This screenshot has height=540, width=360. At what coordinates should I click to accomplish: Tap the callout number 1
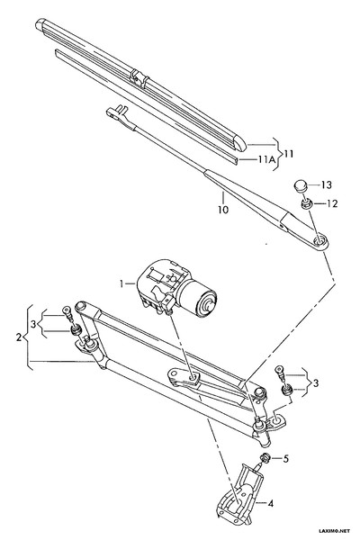121,283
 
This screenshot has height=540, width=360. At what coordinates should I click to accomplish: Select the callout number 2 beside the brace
19,337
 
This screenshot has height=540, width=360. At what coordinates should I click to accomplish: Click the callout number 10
223,210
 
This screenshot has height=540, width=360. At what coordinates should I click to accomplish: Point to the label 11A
266,159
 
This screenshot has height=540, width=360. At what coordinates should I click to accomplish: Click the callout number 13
326,184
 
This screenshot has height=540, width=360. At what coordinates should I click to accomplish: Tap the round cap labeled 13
301,186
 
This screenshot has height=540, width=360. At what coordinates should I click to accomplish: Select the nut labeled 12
306,203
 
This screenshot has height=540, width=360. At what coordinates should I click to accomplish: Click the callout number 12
332,203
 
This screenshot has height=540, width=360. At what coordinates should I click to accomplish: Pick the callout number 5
286,459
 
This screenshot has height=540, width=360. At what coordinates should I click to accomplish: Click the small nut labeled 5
265,458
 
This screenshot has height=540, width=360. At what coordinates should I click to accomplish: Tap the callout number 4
270,503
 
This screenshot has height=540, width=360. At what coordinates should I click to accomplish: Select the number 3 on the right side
316,382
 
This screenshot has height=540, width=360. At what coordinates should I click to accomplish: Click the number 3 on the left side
33,324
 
